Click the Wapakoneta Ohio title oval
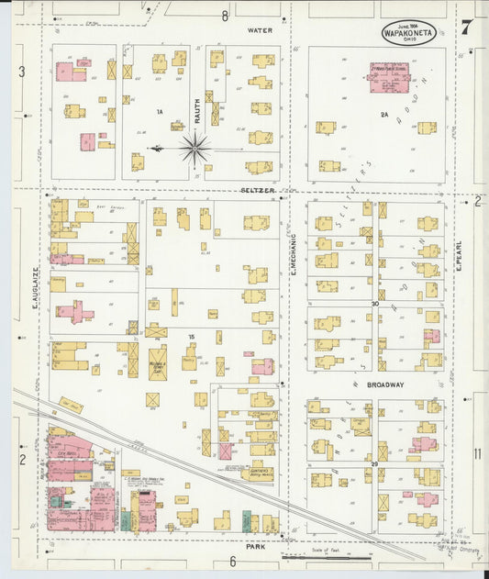(x=409, y=32)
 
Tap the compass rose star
(x=195, y=148)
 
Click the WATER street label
(x=260, y=29)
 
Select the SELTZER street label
(x=258, y=191)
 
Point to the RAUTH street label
(x=196, y=112)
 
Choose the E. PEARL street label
(x=457, y=262)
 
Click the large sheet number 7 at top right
(x=466, y=28)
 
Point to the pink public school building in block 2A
(x=389, y=77)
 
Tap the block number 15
(x=191, y=338)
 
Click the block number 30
(x=374, y=304)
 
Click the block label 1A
(x=158, y=112)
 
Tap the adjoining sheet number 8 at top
(x=224, y=15)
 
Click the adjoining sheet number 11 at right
(x=477, y=454)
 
